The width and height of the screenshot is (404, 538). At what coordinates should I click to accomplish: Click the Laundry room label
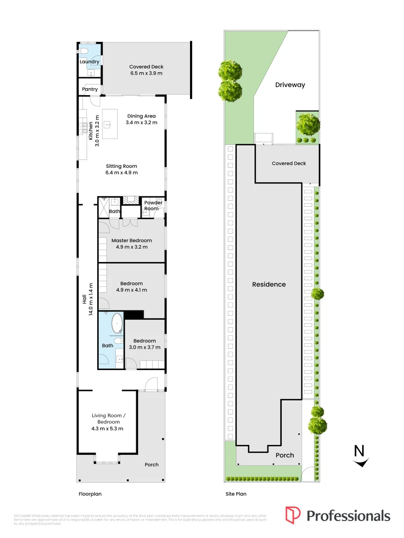pos(90,62)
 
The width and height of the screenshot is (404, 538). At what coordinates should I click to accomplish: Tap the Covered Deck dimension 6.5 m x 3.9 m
pos(146,73)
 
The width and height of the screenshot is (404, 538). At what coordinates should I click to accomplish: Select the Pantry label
pos(90,89)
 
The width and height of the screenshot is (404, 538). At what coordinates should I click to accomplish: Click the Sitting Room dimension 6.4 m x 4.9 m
pos(121,173)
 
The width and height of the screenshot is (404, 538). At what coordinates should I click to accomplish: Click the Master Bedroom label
pos(132,241)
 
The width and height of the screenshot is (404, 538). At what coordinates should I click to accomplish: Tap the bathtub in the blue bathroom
pos(117,323)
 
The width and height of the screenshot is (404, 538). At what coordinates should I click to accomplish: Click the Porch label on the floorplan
pos(152,465)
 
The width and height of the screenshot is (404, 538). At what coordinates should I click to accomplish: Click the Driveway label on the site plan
pos(290,85)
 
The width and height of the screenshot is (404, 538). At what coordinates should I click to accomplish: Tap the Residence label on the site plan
pos(269,284)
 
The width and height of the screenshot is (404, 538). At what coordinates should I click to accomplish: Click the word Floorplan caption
pos(90,495)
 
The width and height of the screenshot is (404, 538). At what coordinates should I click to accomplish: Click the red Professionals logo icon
pos(293,515)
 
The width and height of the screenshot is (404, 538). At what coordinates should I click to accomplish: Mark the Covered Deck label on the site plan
pos(289,163)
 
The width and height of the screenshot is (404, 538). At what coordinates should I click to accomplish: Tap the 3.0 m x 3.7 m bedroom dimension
pos(144,347)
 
